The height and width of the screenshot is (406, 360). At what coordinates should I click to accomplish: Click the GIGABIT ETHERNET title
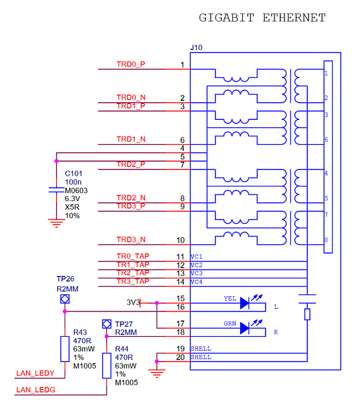coord(262,18)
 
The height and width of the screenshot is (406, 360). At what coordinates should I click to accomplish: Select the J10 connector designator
coord(196,48)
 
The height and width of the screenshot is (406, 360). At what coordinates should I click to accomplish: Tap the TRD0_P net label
coord(131,64)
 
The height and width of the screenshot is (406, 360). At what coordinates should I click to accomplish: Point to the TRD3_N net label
coord(131,240)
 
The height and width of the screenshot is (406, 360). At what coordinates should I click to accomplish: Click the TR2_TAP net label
coord(132,273)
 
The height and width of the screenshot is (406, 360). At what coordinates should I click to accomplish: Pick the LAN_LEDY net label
coord(35,373)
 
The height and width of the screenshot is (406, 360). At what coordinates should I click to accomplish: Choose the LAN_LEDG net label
coord(35,390)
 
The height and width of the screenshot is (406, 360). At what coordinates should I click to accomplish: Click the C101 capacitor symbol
coord(56,190)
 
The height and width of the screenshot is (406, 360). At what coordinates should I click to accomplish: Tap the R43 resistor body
coord(65,349)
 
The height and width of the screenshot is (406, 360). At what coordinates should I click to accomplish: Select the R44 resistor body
coord(106,365)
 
